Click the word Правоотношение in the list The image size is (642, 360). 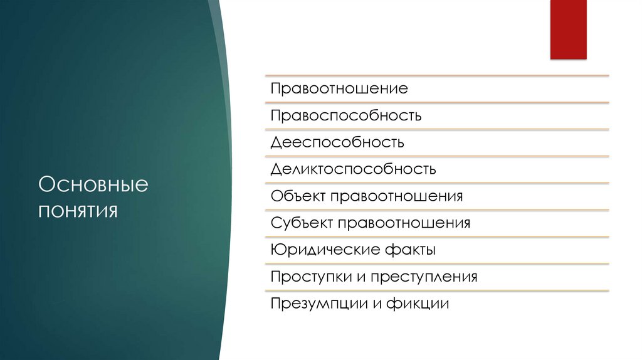coord(339,88)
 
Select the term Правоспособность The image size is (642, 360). coord(346,115)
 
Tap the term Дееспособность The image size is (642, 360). coord(337,142)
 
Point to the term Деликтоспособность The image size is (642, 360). coord(354,169)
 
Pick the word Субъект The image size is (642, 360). coord(302,223)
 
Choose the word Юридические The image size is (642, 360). coord(324,250)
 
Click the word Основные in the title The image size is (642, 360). coord(93,185)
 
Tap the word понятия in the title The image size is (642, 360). coord(78,209)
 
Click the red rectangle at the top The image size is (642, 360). coord(568,29)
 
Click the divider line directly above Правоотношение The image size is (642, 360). coord(437,76)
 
